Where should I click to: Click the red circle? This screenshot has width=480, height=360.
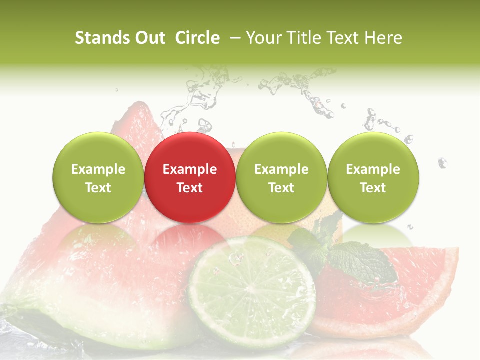point(190,177)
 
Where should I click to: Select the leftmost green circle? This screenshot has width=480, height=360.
point(98,177)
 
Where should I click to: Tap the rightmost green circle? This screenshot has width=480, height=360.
point(373,177)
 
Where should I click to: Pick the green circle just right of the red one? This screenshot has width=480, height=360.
point(281,177)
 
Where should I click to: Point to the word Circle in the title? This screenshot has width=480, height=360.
point(197,38)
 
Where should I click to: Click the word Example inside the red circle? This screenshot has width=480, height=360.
point(190,169)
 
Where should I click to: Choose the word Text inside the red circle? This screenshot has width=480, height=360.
point(190,188)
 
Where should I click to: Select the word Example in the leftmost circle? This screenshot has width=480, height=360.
point(98,169)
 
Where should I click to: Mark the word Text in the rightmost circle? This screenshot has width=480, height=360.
point(373,188)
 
